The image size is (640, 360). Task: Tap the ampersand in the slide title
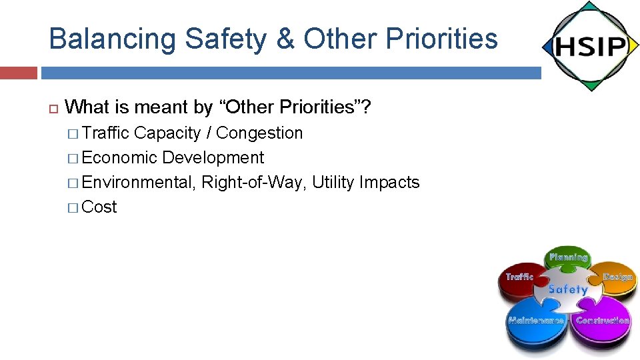286,39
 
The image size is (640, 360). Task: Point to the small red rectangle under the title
19,73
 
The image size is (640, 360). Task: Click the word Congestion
259,133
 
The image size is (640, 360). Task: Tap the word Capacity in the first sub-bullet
167,133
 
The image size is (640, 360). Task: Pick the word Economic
120,158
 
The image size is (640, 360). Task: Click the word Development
213,158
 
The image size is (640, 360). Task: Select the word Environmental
139,183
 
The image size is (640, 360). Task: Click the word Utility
333,183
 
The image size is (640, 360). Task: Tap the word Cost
99,207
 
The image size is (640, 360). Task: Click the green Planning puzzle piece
568,259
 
